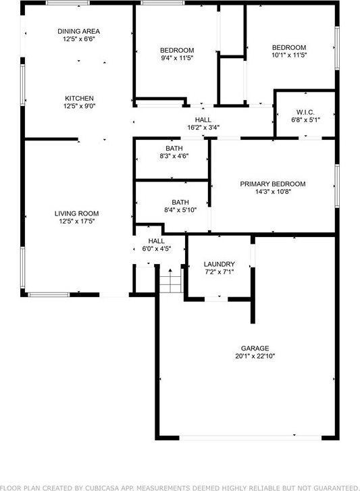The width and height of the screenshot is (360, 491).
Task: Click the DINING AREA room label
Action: tap(78, 31)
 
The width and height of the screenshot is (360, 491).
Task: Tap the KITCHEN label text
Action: tap(79, 99)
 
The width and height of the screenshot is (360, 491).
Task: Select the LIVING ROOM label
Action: tap(77, 213)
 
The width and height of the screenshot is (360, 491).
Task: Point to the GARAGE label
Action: tap(255, 348)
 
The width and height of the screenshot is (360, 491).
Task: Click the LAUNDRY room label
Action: tap(219, 264)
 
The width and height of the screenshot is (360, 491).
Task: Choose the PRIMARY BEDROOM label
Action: tap(273, 184)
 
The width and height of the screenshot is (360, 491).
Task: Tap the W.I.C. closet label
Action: tap(305, 112)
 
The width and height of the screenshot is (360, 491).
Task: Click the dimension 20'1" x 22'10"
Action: tap(255, 356)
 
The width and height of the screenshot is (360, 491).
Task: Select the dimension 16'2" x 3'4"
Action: tap(203, 128)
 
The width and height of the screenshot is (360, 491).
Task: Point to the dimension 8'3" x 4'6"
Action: tap(174, 156)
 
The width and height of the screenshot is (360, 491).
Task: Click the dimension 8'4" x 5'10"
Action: tap(180, 210)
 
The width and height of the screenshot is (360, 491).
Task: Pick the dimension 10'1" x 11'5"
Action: tap(289, 55)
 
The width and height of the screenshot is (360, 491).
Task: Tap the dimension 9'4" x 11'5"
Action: tap(177, 58)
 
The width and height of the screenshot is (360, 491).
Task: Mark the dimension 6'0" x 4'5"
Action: tap(156, 249)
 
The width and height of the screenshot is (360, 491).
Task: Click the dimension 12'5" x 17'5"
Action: tap(77, 222)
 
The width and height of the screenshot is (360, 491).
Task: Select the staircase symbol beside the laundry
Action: tap(171, 280)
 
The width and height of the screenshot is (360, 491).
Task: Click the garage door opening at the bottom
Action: tap(250, 438)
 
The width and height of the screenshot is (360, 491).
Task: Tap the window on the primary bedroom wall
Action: tap(337, 186)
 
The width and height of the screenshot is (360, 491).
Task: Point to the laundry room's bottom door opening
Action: tap(216, 299)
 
